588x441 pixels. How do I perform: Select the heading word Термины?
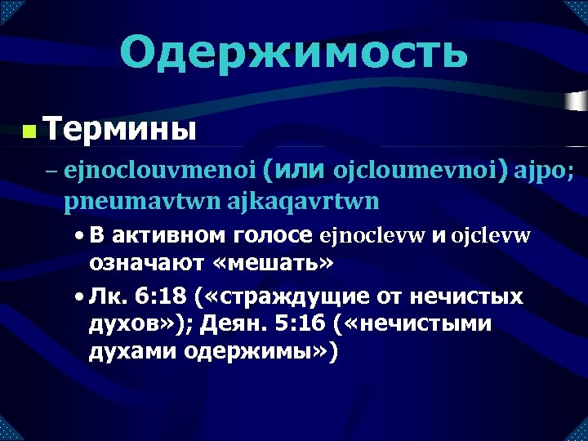pos(120,128)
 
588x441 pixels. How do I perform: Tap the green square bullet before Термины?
pos(29,131)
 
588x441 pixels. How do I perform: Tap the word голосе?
pos(273,236)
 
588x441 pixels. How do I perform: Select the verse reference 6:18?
pos(159,295)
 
